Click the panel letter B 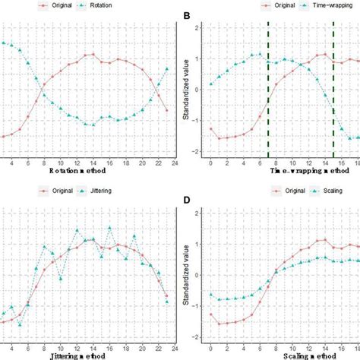188,14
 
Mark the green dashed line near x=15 333,91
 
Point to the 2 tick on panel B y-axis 197,28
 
